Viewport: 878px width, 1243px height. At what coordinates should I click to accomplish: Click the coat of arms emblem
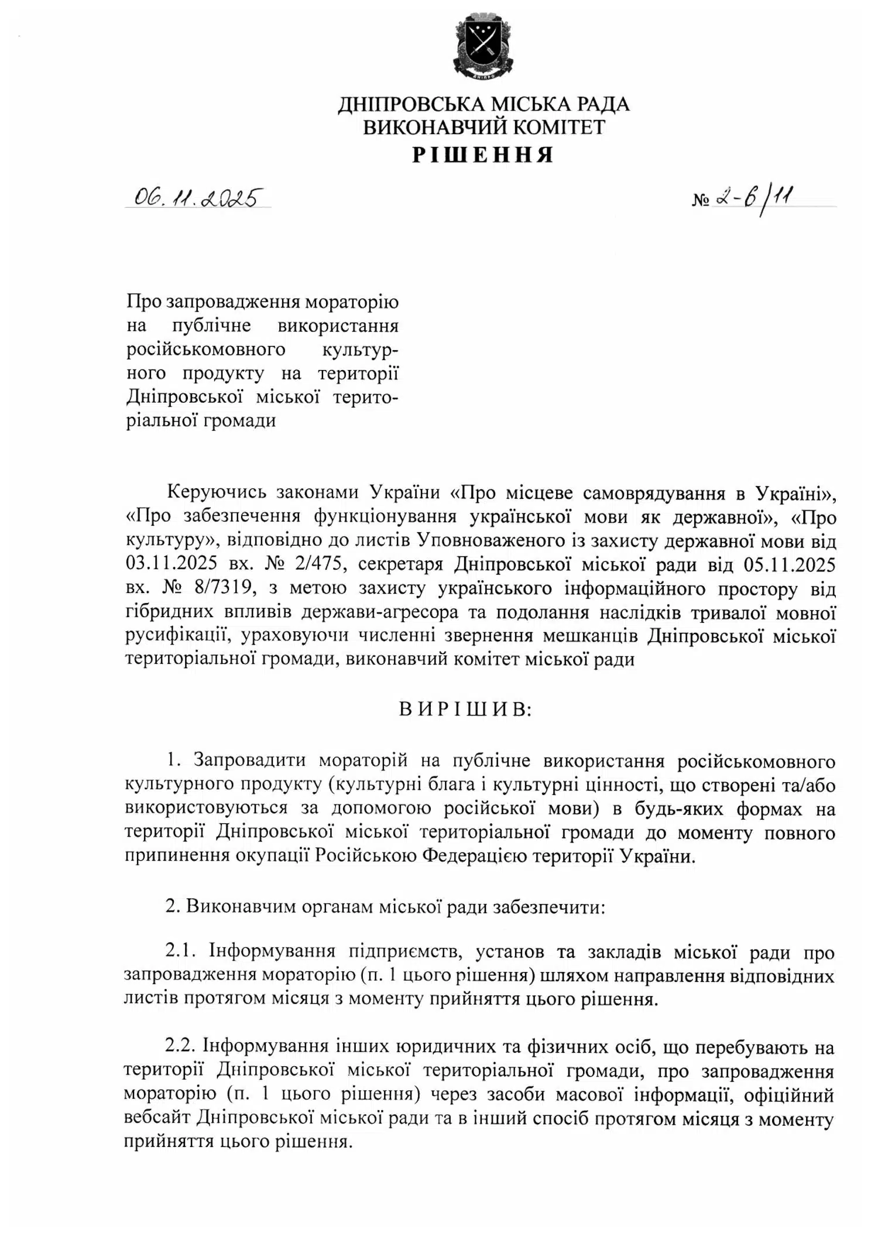(483, 44)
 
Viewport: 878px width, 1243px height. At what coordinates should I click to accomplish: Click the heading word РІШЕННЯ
(483, 155)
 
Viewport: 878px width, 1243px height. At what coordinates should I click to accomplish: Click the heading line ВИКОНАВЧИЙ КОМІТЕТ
(483, 128)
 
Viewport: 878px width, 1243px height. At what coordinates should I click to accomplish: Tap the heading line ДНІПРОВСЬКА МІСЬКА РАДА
(483, 104)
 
